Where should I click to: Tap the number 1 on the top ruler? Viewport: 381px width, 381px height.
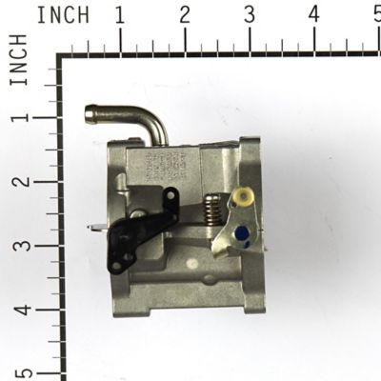coord(119,15)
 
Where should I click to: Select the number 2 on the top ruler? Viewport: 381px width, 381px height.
coord(184,15)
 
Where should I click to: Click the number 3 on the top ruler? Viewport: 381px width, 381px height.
coord(249,15)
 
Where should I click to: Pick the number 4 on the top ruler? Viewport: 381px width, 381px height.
coord(314,15)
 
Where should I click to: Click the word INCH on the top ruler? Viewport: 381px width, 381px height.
coord(63,15)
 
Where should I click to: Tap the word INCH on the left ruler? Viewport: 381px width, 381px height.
coord(18,61)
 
